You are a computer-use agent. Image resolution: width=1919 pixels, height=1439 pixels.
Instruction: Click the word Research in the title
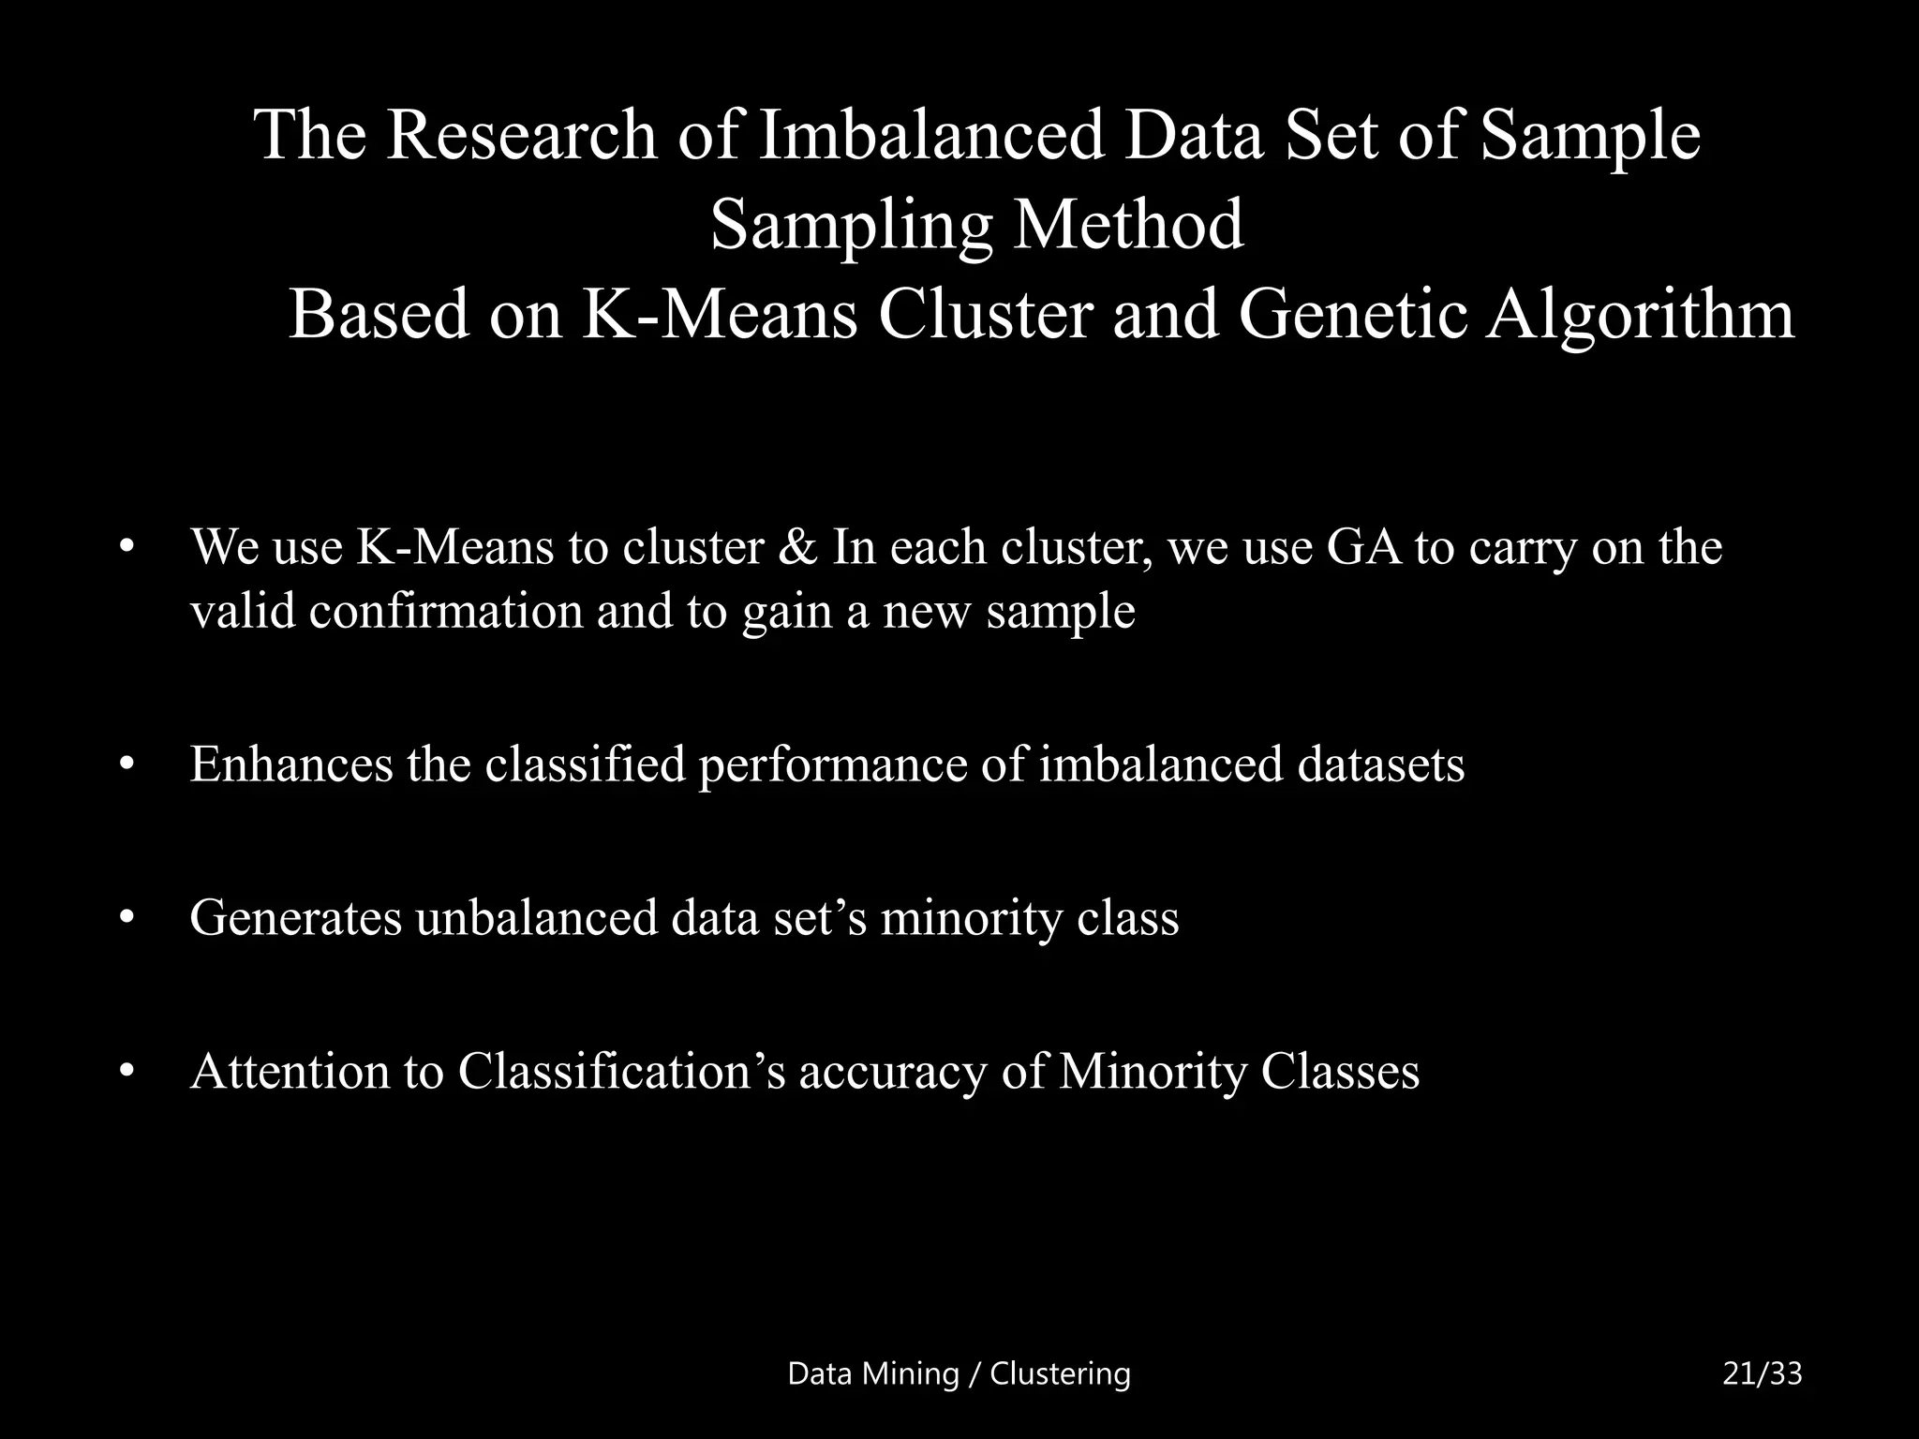(x=521, y=136)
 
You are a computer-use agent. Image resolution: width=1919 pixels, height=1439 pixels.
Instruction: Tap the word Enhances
(x=291, y=764)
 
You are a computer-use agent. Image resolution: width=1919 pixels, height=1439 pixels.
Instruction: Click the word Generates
(x=295, y=917)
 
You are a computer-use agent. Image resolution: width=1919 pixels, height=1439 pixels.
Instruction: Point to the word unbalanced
(x=537, y=917)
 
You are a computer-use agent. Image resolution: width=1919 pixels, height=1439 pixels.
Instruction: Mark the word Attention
(x=290, y=1071)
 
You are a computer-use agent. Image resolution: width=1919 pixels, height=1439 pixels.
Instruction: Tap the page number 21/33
(x=1763, y=1374)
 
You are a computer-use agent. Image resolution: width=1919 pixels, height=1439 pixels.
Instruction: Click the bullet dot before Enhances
(x=128, y=765)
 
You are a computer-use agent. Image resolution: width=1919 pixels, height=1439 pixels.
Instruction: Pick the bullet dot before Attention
(x=128, y=1073)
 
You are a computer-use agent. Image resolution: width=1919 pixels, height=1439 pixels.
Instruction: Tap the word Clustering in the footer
(x=1061, y=1374)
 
